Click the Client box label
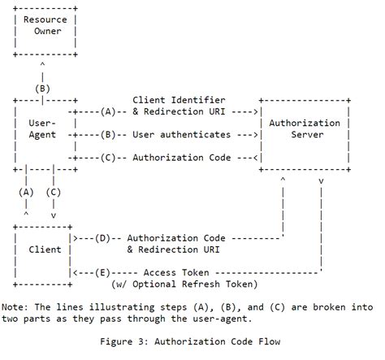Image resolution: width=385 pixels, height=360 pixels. point(45,249)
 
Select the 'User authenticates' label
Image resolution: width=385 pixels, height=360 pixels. point(180,134)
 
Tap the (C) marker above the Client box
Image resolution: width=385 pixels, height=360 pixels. point(53,192)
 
